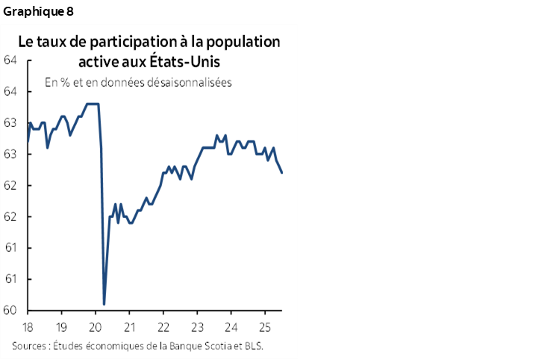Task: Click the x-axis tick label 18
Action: click(x=28, y=327)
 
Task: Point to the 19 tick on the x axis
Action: click(x=61, y=327)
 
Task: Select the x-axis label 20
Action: click(x=96, y=327)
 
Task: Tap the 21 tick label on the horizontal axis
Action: click(x=129, y=327)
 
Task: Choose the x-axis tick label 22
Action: click(x=163, y=327)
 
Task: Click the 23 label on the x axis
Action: click(x=197, y=327)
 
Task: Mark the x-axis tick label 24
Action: click(x=231, y=327)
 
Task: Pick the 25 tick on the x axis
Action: click(x=265, y=327)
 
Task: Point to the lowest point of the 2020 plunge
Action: click(x=104, y=304)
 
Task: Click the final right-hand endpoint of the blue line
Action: click(x=281, y=173)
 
